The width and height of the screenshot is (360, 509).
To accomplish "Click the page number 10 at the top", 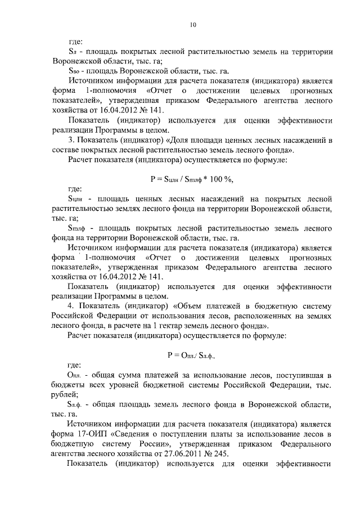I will pos(193,25).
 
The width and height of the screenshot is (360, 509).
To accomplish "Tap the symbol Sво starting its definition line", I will pos(75,71).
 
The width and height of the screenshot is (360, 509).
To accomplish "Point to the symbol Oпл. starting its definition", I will pos(75,375).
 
